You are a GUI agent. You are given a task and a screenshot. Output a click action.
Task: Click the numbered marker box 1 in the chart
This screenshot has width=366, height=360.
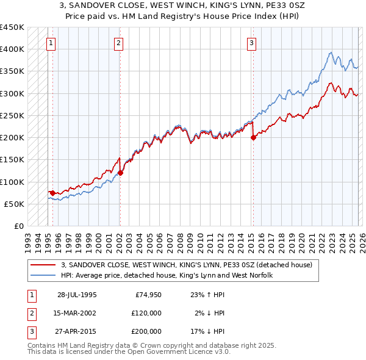tap(50, 43)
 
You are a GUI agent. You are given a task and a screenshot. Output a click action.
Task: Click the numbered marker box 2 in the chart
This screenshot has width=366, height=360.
tap(118, 43)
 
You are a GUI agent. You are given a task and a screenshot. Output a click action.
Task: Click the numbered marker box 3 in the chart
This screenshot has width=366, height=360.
tap(251, 43)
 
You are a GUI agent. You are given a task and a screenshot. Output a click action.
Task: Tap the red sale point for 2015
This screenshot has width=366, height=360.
tap(253, 137)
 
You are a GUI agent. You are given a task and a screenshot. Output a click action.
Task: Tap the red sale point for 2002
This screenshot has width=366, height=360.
tap(120, 173)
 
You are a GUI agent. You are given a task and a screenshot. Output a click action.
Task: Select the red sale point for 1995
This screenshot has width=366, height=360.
tap(53, 193)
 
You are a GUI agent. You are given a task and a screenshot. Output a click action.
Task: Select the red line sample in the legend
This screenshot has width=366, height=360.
tap(43, 265)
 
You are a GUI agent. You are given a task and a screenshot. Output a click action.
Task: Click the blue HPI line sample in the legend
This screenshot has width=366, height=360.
tap(43, 275)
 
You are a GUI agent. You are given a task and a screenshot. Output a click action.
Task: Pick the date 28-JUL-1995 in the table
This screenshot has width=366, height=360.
tap(77, 295)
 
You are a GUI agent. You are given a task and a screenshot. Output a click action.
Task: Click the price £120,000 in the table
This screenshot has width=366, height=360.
tap(146, 313)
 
